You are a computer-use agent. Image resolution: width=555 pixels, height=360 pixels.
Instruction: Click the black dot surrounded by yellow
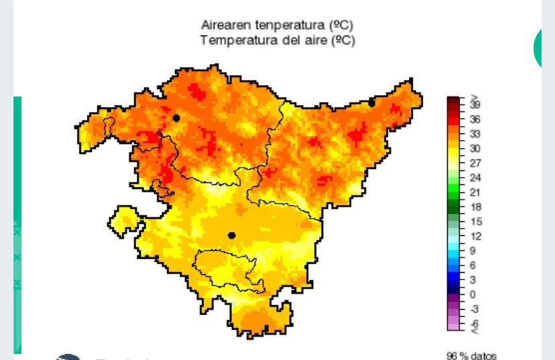(x=231, y=235)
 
